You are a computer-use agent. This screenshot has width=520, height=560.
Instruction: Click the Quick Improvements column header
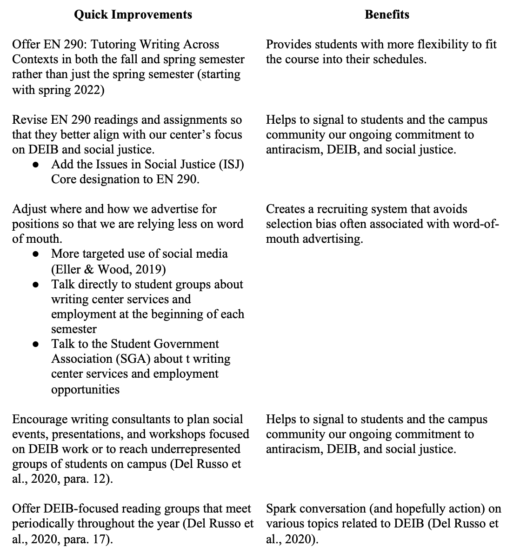[133, 15]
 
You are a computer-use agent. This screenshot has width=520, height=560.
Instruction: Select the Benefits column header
[387, 15]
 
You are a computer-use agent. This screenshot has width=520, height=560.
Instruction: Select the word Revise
[28, 120]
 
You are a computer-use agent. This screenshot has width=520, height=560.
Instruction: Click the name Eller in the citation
[69, 269]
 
